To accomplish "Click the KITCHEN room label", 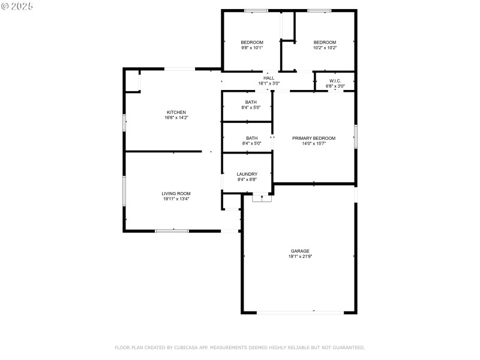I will click(176, 112).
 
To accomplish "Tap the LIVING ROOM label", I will click(176, 193).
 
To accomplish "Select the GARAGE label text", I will click(300, 251).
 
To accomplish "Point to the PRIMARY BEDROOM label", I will click(314, 138).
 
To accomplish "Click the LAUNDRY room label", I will click(247, 174).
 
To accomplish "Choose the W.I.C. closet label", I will click(335, 80).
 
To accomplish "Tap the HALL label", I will click(269, 78).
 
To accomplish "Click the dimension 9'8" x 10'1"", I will click(252, 47).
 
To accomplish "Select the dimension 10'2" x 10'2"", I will click(325, 47).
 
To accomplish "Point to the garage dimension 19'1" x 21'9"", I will click(300, 256).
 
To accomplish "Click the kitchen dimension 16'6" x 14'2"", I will click(176, 118).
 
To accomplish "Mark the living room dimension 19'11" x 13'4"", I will click(176, 199).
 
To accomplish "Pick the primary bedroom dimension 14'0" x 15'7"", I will click(314, 143).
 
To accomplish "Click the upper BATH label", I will click(251, 102).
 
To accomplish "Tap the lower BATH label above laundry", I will click(251, 138).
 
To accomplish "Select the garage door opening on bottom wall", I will click(300, 312).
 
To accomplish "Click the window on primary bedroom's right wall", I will click(355, 136).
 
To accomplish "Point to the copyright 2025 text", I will click(17, 5).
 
